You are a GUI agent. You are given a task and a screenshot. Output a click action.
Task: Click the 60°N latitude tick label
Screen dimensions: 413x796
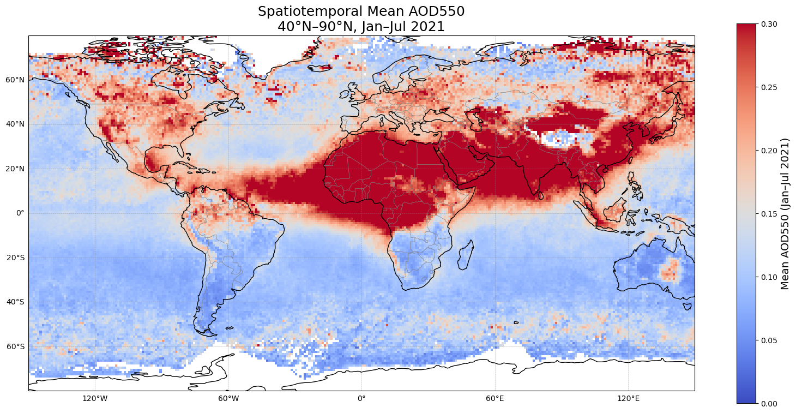15,80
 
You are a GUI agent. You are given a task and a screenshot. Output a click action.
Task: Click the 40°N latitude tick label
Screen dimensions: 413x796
15,124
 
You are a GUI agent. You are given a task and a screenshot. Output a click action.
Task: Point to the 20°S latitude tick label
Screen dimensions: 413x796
15,258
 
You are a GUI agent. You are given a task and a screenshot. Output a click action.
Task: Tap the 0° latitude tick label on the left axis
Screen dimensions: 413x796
20,213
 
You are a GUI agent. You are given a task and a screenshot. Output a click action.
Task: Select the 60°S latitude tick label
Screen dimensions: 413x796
15,346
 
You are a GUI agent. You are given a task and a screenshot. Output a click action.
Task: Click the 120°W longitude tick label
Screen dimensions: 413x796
95,398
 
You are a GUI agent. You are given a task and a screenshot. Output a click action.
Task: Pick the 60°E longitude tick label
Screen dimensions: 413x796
495,398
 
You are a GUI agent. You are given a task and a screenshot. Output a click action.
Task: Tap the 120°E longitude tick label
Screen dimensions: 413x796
628,398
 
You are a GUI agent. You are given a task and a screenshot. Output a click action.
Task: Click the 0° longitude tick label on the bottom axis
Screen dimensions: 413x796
361,398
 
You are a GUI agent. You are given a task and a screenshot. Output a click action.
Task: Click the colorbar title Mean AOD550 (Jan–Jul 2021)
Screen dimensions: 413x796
786,213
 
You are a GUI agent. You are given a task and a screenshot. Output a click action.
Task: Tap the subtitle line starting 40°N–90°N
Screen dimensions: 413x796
361,26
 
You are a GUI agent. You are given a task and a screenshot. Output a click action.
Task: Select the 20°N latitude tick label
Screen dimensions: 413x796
15,169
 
